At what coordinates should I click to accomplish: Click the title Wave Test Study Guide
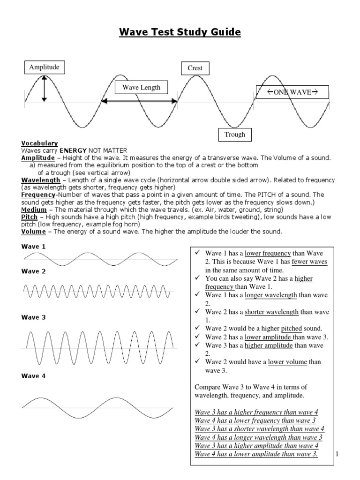(180, 32)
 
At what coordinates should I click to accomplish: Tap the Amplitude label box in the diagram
(44, 67)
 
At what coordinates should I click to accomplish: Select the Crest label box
(195, 68)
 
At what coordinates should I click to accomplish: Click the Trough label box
(235, 135)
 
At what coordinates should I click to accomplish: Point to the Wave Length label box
(141, 88)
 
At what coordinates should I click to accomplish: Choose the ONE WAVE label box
(292, 92)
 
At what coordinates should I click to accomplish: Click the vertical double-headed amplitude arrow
(44, 89)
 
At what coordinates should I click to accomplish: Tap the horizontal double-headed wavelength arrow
(139, 101)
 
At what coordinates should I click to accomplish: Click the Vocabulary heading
(39, 143)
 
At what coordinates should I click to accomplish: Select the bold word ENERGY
(73, 150)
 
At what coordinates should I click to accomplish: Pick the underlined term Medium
(34, 210)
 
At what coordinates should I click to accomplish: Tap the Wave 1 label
(34, 247)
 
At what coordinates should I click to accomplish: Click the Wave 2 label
(34, 271)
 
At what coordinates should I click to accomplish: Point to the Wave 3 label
(34, 317)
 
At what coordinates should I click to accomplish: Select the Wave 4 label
(34, 376)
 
